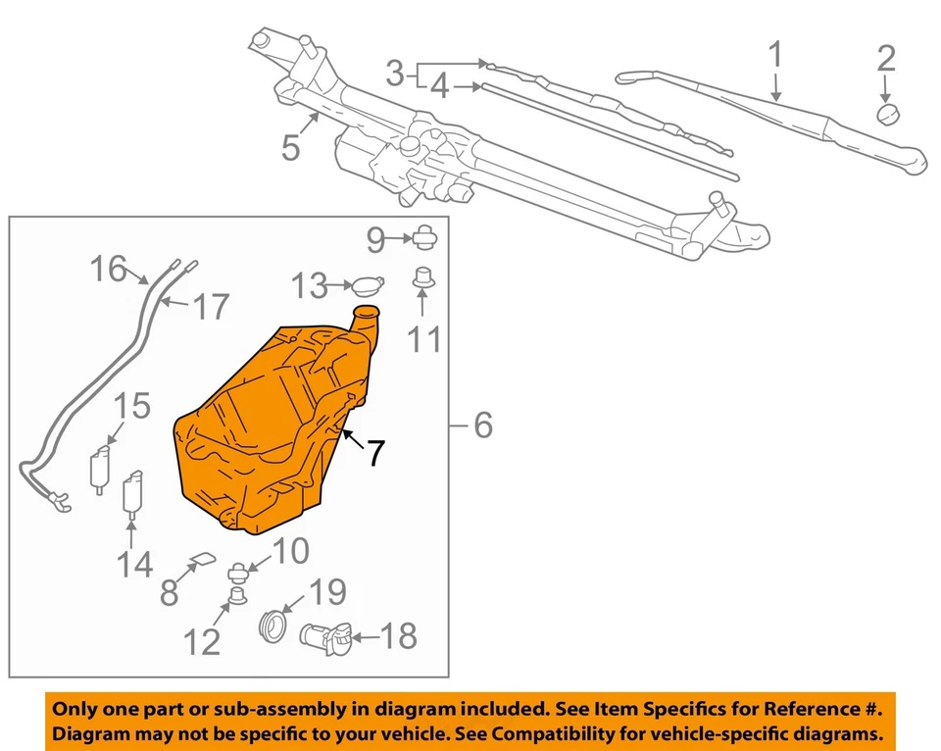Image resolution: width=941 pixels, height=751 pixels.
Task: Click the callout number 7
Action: click(x=375, y=452)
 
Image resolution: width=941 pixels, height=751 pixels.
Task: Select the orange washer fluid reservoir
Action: click(x=265, y=431)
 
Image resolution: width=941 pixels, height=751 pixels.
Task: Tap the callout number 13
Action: click(x=309, y=286)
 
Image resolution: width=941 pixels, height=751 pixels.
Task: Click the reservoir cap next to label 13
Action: click(x=368, y=287)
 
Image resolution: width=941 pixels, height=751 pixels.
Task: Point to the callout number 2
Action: click(x=885, y=58)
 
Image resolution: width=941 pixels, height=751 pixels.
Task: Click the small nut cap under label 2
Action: click(x=888, y=115)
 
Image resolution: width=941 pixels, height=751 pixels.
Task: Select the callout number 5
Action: click(x=290, y=147)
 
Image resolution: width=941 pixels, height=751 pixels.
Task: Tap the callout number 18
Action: click(x=399, y=636)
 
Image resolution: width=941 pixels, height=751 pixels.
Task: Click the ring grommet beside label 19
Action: click(x=272, y=625)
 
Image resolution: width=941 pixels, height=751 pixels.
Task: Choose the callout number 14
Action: click(x=135, y=564)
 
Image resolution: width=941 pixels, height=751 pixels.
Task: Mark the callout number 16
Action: click(x=110, y=268)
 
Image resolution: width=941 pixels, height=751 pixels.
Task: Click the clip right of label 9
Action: click(x=425, y=236)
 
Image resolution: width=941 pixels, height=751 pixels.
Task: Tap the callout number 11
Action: click(x=424, y=338)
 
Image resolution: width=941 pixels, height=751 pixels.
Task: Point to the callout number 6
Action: click(x=482, y=426)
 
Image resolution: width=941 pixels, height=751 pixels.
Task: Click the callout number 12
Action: click(x=204, y=642)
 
